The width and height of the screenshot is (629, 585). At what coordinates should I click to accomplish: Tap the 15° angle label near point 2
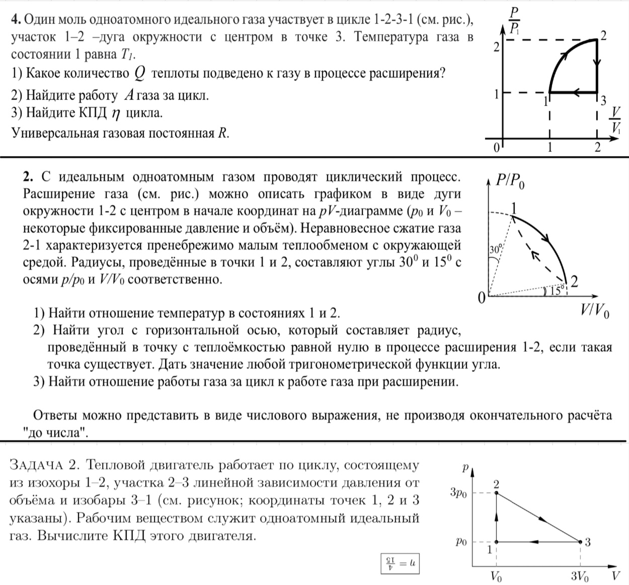coord(555,291)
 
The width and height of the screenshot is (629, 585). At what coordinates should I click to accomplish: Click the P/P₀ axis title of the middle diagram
coord(510,181)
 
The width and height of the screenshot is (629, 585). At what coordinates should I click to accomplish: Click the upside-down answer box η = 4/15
coord(400,564)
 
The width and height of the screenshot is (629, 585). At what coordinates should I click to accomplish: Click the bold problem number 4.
coord(15,20)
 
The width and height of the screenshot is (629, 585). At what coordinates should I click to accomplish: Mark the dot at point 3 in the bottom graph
coord(580,542)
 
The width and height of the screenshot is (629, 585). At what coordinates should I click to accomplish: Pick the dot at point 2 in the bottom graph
coord(497,493)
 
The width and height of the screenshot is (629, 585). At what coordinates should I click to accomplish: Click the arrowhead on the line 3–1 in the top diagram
coord(576,93)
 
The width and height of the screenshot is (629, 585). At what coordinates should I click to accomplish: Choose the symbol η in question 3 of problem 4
coord(115,114)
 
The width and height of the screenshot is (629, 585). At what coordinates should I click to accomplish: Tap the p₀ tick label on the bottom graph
coord(461,542)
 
